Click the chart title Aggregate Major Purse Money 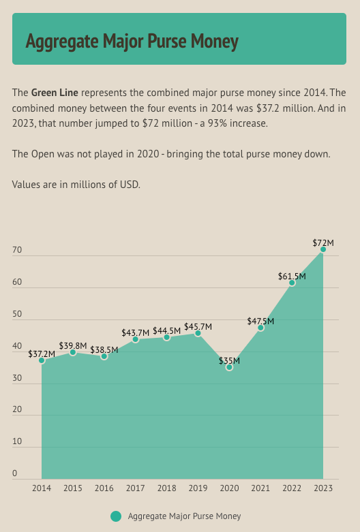[x=132, y=42]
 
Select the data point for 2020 [x=229, y=367]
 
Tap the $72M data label [x=323, y=242]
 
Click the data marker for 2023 [x=323, y=249]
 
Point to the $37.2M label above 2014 [x=42, y=354]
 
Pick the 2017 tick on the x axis [x=135, y=488]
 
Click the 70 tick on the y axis [x=17, y=251]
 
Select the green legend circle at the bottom [x=116, y=516]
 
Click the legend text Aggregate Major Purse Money [x=184, y=516]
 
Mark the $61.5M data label [x=292, y=276]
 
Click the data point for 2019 [x=198, y=333]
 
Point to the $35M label [x=229, y=360]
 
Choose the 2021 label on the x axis [x=260, y=488]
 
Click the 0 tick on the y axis [x=14, y=473]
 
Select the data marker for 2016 [x=104, y=356]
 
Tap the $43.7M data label [x=135, y=332]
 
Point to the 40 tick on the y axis [x=17, y=346]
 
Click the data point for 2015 [x=73, y=352]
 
